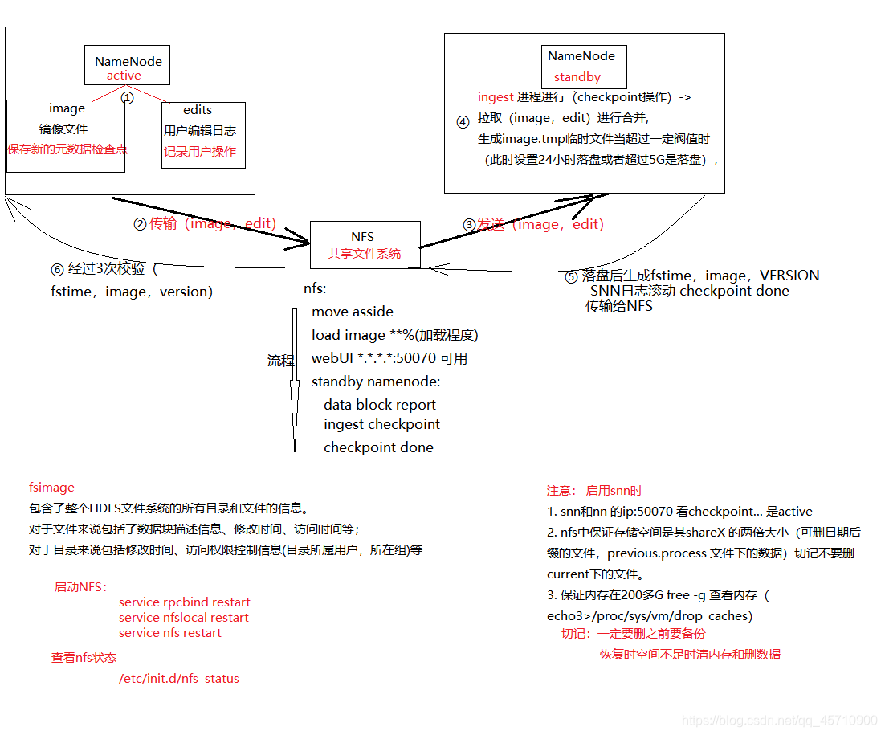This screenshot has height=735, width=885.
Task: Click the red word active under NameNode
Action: click(124, 76)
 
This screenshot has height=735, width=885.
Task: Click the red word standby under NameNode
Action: click(577, 78)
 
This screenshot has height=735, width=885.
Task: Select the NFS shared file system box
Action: click(365, 245)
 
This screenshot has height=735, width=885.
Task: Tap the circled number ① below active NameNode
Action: click(127, 97)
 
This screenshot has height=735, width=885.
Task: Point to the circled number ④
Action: click(463, 122)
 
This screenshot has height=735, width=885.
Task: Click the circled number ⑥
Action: click(56, 268)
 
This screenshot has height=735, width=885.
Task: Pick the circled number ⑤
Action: click(571, 276)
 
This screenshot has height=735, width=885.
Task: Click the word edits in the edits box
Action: click(198, 110)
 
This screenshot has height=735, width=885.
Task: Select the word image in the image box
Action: click(67, 108)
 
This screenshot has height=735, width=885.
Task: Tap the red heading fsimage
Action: click(51, 487)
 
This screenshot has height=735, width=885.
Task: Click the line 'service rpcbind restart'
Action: click(184, 602)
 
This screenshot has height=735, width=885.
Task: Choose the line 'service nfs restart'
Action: click(169, 633)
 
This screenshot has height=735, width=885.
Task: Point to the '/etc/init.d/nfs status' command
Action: click(178, 679)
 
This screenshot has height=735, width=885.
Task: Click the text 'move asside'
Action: click(353, 312)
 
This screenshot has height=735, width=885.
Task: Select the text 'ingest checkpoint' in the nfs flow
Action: click(381, 424)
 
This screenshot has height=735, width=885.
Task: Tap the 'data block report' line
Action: click(380, 405)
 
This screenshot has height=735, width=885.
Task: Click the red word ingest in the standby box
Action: click(496, 97)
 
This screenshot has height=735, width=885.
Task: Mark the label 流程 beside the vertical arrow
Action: click(280, 361)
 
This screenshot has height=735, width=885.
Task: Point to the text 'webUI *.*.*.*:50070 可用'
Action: click(389, 358)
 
